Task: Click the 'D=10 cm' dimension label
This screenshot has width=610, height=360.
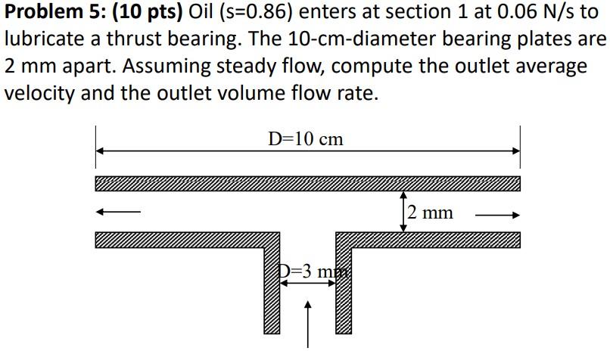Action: (x=306, y=139)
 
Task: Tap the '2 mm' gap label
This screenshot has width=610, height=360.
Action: (x=430, y=213)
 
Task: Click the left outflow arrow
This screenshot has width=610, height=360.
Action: (x=119, y=213)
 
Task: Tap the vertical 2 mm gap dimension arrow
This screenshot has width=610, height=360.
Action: (x=403, y=211)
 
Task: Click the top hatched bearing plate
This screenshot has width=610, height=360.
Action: (x=307, y=184)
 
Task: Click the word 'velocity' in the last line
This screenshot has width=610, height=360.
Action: (x=40, y=93)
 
